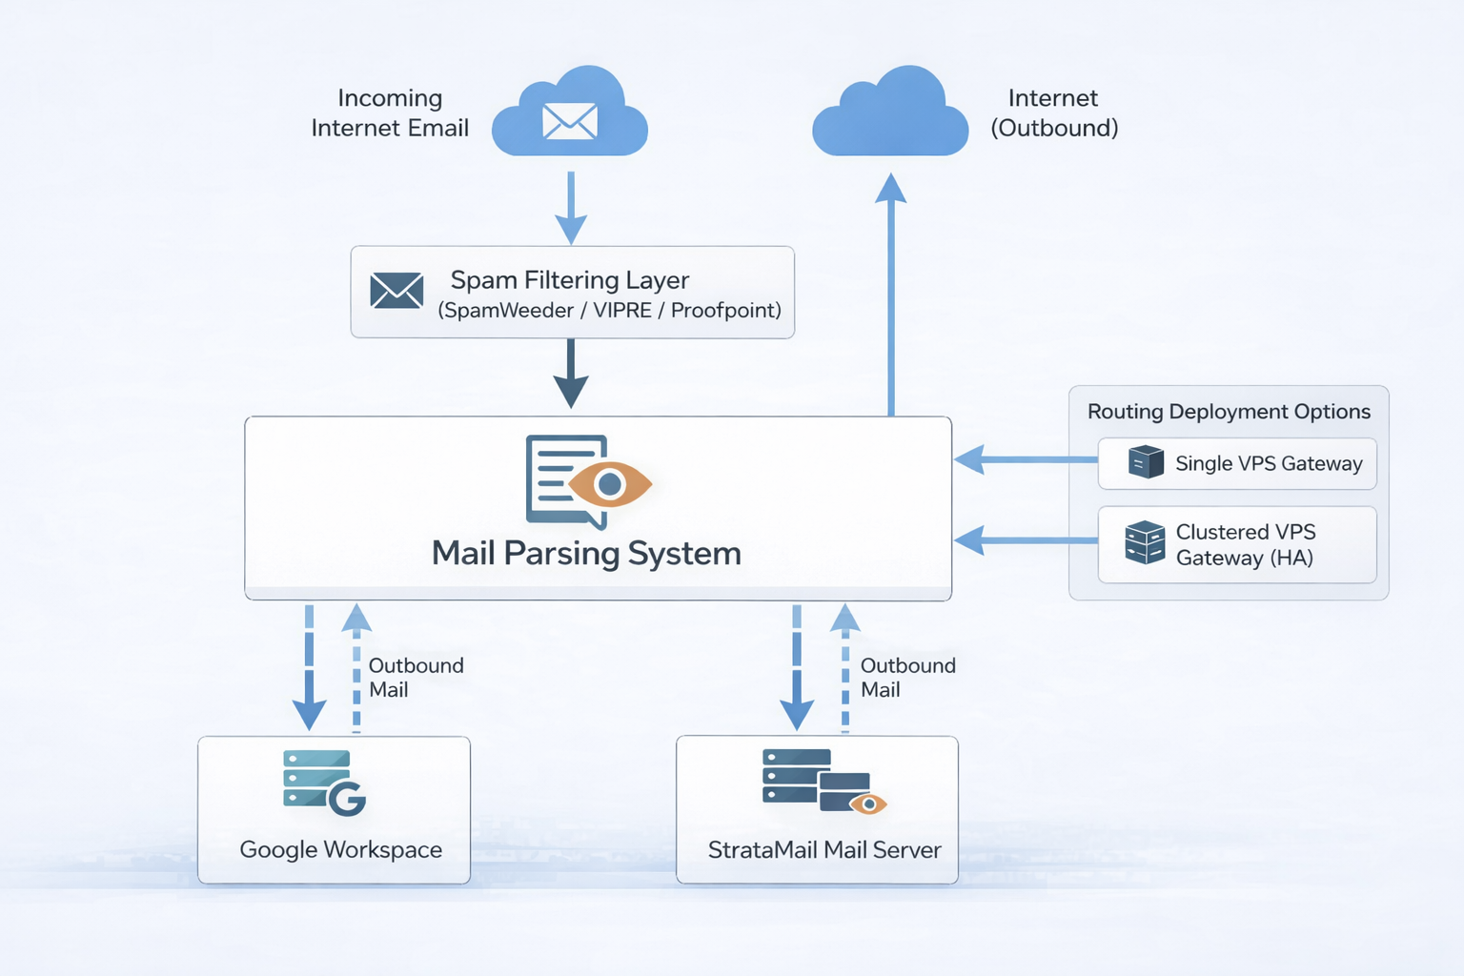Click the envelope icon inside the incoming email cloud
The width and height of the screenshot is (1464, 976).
point(570,121)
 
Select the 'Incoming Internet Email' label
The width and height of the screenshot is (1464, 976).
point(390,112)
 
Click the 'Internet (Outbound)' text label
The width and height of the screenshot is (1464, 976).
point(1053,112)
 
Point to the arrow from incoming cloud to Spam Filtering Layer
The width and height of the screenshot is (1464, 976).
point(570,207)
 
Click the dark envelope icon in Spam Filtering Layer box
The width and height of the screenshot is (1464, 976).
point(396,291)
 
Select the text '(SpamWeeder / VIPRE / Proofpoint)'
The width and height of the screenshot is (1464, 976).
point(609,311)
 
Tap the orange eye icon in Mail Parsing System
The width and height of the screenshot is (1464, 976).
point(610,484)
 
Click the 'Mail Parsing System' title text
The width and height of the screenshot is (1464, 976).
point(586,553)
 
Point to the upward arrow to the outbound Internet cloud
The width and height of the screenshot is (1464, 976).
point(891,295)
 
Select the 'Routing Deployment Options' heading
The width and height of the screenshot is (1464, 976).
point(1229,412)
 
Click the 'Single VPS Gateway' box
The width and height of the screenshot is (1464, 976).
point(1237,463)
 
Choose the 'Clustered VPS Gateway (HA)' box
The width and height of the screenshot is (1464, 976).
point(1237,544)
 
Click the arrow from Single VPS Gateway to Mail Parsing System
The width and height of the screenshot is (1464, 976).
point(1025,459)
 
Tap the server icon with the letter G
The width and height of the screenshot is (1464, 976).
point(324,783)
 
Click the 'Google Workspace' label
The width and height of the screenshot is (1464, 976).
point(340,849)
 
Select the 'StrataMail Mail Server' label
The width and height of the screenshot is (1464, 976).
point(824,849)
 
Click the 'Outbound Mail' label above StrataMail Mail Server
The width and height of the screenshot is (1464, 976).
point(907,678)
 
